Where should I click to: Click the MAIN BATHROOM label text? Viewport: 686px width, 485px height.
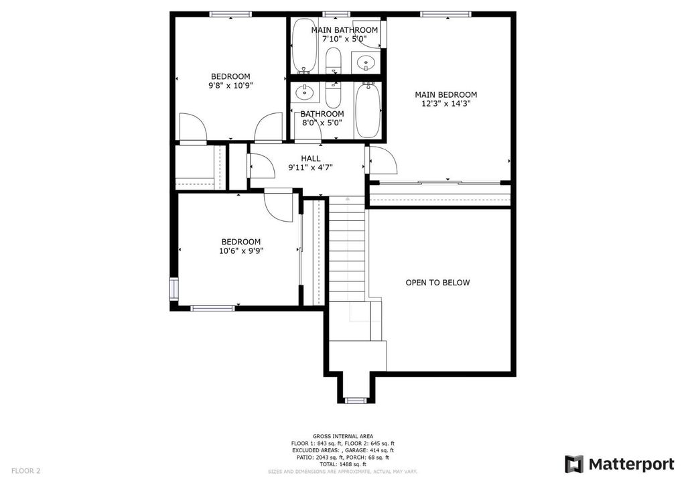pos(344,30)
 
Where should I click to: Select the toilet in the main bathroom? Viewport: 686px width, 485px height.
pos(334,61)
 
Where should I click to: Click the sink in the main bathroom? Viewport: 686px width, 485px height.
pos(365,63)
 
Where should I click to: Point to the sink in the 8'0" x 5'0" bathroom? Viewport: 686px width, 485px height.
pos(305,92)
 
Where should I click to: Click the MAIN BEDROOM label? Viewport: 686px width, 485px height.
pos(445,94)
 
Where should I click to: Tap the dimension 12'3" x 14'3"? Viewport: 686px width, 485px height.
pos(445,104)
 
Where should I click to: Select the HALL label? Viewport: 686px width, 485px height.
pos(310,158)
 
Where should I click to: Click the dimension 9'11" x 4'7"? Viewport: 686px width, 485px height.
pos(310,167)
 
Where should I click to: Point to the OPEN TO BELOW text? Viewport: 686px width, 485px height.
pos(437,283)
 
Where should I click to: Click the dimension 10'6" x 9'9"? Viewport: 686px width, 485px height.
pos(241,251)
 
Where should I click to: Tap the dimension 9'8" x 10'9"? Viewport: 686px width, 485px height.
pos(230,85)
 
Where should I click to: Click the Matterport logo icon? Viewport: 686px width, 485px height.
pos(573,464)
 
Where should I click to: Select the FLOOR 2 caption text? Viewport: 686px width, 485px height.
pos(25,471)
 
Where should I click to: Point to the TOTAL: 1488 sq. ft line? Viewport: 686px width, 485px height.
pos(342,464)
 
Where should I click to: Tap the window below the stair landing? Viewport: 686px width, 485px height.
pos(356,401)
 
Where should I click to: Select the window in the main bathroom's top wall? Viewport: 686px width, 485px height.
pos(336,14)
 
